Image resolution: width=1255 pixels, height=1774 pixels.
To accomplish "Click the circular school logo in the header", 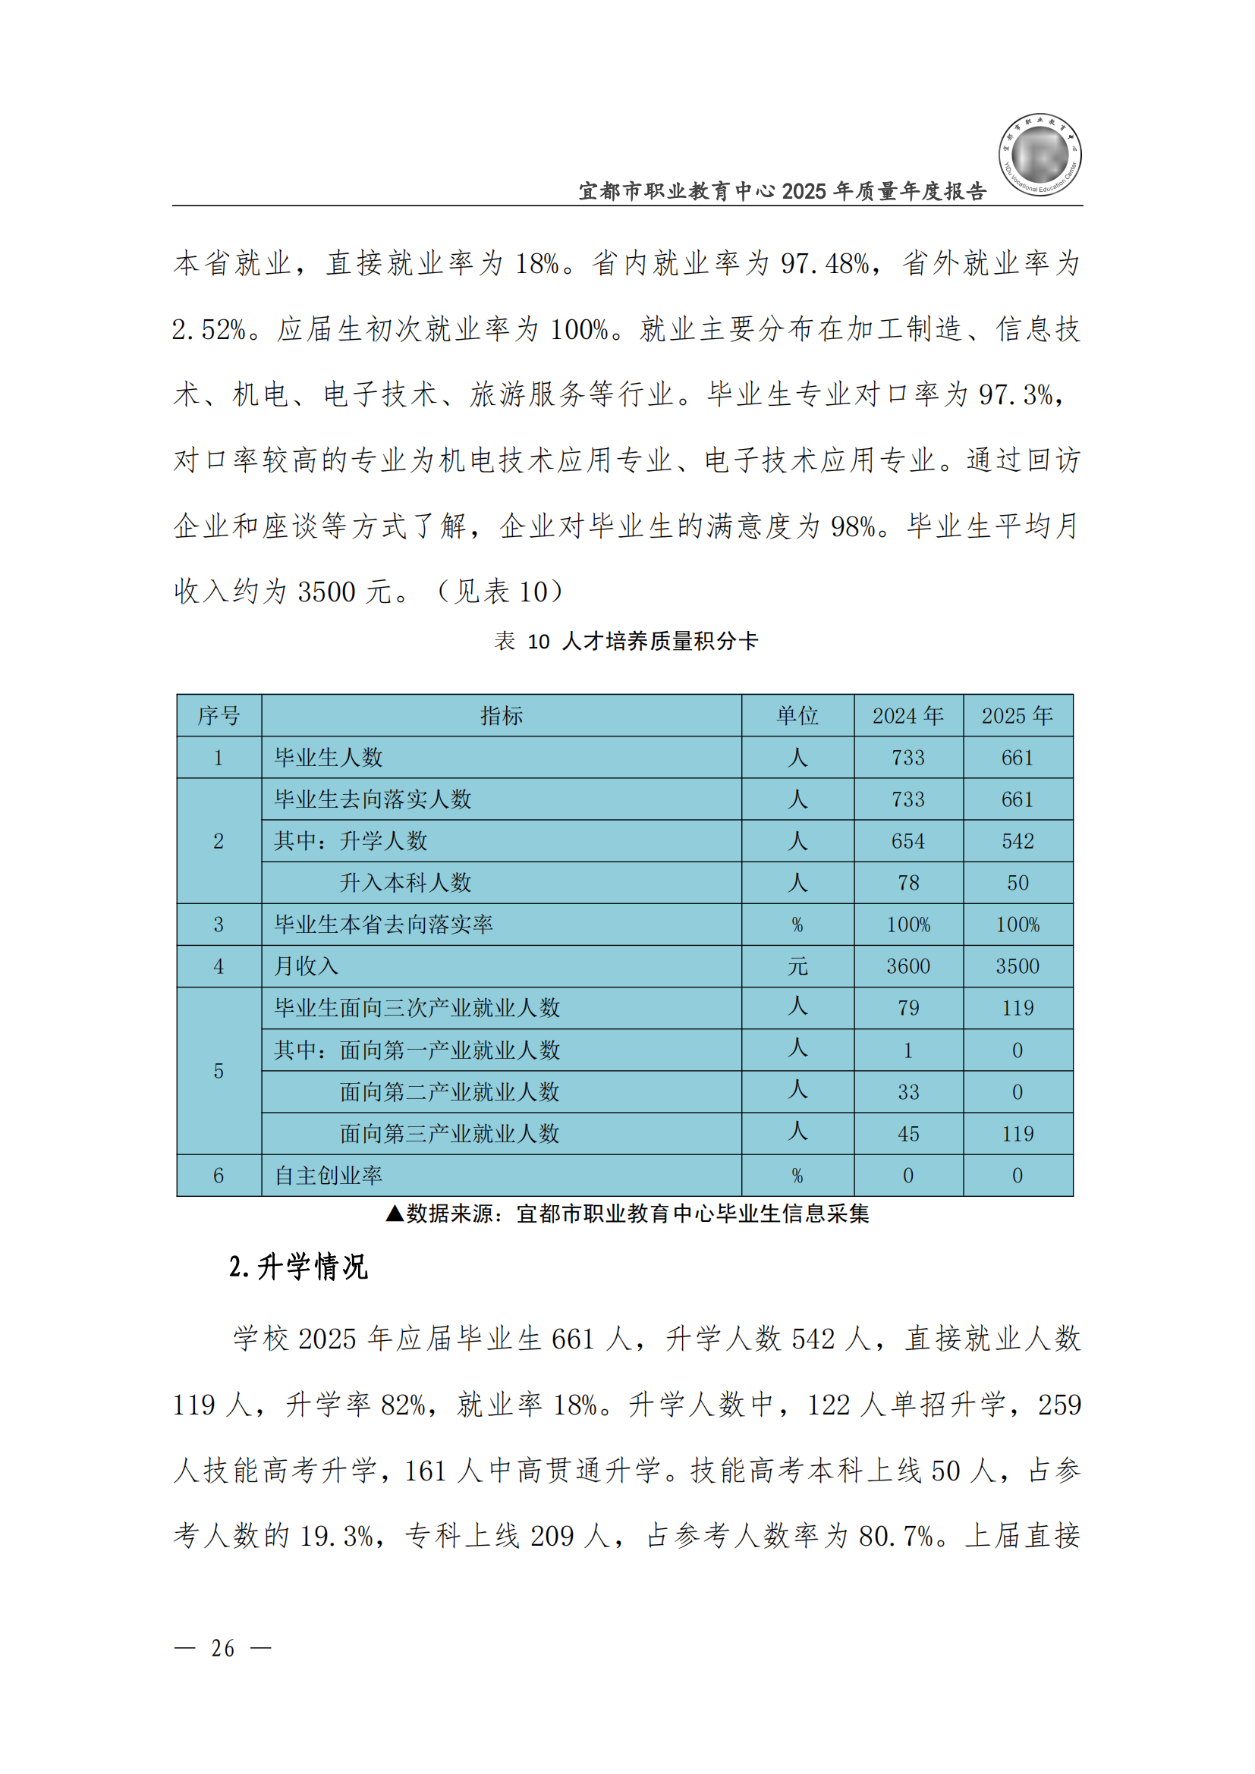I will (1040, 155).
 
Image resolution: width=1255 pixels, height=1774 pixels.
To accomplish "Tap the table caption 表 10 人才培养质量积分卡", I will (626, 642).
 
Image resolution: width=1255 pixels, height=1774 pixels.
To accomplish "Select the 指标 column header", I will (502, 715).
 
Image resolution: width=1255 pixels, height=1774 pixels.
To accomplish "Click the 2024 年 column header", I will (908, 715).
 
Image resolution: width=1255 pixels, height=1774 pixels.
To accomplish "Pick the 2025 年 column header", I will (1017, 715).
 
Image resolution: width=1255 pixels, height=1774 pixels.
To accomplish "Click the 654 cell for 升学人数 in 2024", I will (908, 841).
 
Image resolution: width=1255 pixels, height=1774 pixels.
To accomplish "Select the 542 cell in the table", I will (1017, 841).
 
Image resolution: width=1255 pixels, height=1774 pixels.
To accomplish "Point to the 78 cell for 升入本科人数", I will (908, 883).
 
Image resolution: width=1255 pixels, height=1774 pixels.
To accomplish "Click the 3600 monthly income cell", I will (908, 966).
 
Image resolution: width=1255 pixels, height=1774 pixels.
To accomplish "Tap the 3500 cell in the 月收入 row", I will (1017, 966).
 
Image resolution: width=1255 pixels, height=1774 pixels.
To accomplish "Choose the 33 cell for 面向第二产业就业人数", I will (908, 1092).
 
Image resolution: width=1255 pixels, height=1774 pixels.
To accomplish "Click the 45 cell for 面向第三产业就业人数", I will (908, 1134).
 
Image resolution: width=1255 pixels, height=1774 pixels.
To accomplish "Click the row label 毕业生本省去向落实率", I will (383, 925).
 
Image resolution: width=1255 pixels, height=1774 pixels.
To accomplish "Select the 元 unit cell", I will (797, 966).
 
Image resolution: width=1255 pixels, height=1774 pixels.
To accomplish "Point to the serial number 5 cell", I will (219, 1071).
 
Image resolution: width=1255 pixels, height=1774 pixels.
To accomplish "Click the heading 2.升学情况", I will (298, 1268).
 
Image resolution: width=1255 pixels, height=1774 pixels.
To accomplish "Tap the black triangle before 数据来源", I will (395, 1214).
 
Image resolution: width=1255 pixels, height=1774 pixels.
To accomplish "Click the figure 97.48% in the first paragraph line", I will (826, 264).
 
